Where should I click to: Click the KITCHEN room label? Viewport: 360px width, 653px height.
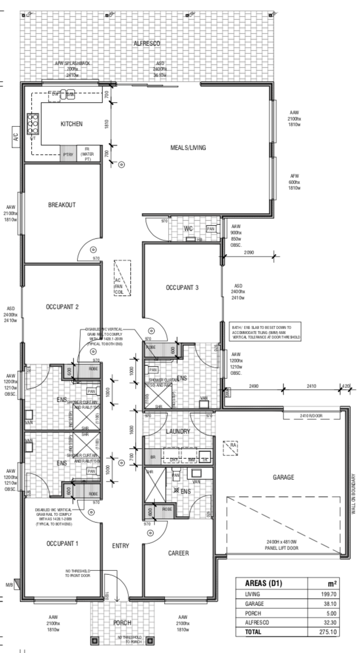pyautogui.click(x=72, y=123)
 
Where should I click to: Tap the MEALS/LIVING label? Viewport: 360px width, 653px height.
pyautogui.click(x=188, y=148)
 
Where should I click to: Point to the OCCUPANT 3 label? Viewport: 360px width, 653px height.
pyautogui.click(x=182, y=288)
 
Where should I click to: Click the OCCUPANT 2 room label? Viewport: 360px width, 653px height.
pyautogui.click(x=62, y=307)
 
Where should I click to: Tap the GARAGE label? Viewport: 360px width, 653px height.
pyautogui.click(x=283, y=477)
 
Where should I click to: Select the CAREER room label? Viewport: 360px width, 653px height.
pyautogui.click(x=178, y=552)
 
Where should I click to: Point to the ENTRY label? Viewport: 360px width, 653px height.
pyautogui.click(x=121, y=546)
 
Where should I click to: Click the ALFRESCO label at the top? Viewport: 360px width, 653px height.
pyautogui.click(x=147, y=44)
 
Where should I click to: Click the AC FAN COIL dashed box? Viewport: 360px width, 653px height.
pyautogui.click(x=122, y=278)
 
